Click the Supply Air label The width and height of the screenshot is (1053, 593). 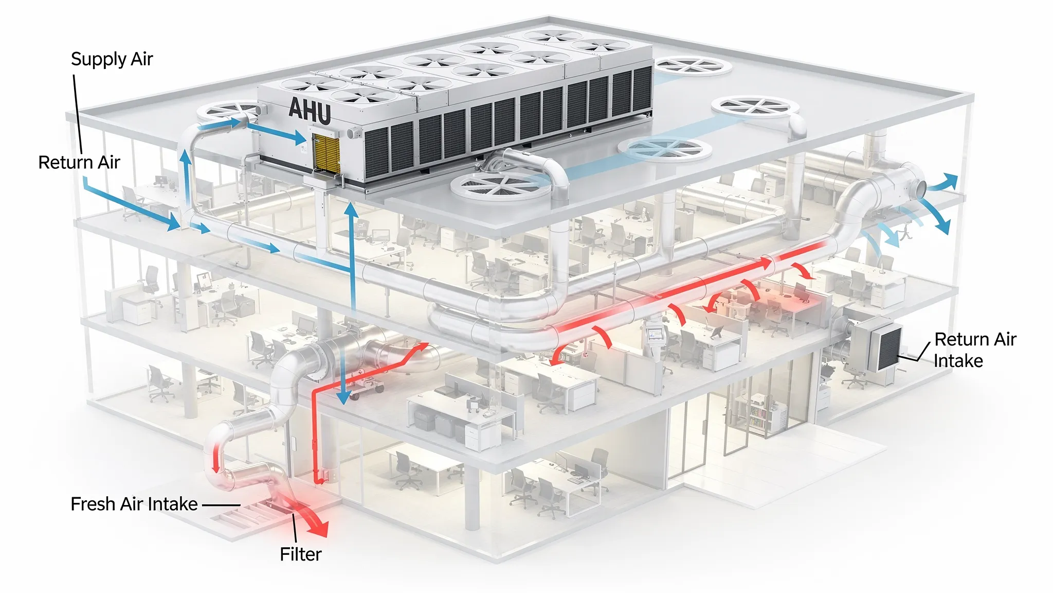point(112,59)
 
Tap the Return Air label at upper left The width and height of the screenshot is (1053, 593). point(79,163)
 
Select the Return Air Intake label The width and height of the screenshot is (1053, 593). point(974,350)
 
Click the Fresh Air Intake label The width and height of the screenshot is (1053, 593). point(134,504)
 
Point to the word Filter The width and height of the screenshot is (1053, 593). point(301,554)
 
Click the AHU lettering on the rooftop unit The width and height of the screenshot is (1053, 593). point(310,111)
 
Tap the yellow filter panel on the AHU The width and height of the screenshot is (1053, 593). point(326,152)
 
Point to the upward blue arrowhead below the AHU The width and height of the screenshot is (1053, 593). point(352,210)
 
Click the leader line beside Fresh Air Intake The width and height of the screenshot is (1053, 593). point(221,505)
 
